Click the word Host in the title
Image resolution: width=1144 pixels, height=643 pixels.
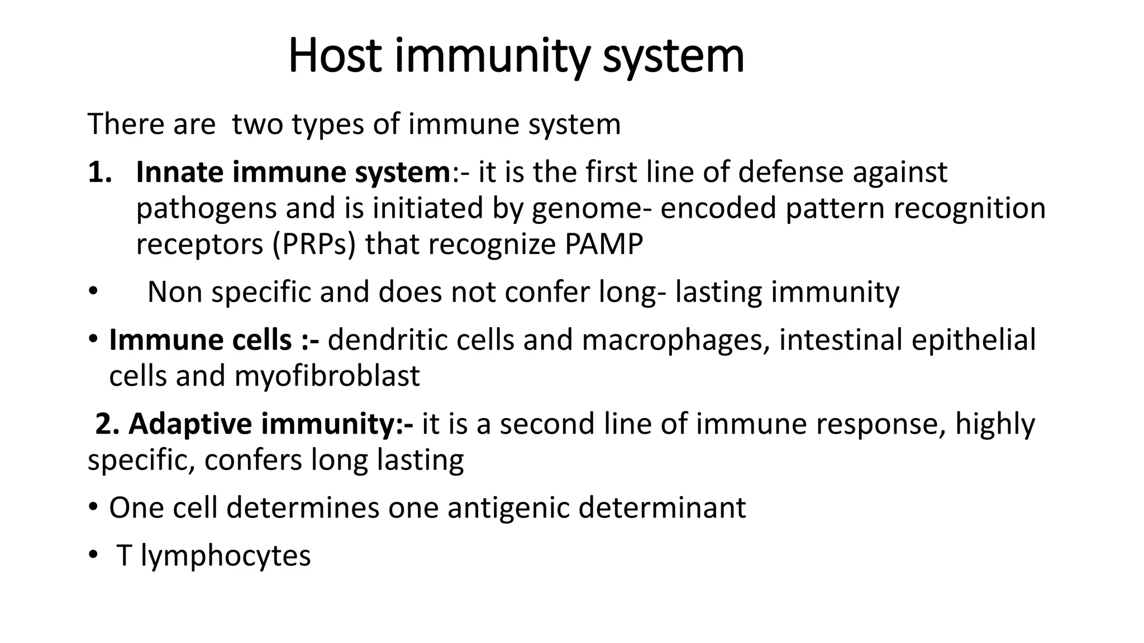tap(335, 56)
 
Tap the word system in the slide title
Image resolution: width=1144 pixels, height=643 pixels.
tap(673, 56)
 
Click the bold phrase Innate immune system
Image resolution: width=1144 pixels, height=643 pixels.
tap(293, 172)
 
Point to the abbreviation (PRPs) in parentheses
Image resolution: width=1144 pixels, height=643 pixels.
tap(314, 244)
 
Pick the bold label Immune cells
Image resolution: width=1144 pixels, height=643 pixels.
tap(201, 340)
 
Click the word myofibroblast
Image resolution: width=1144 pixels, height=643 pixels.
tap(327, 376)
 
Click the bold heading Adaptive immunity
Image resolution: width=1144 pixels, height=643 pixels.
tap(254, 424)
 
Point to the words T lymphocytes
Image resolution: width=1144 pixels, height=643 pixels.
tap(213, 556)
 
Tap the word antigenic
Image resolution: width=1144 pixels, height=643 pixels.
tap(508, 508)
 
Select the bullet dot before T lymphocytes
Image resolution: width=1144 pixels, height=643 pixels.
tap(93, 556)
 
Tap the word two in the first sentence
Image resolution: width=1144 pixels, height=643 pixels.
tap(258, 124)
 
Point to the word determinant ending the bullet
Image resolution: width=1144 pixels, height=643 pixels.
tap(662, 508)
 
